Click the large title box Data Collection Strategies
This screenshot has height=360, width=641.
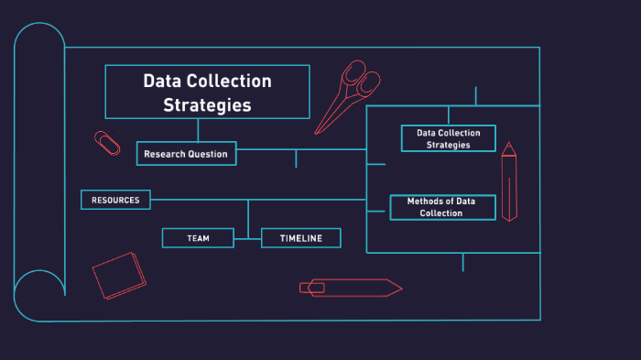pyautogui.click(x=208, y=92)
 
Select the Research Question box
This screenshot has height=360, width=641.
pyautogui.click(x=186, y=154)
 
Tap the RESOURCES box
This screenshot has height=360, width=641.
pyautogui.click(x=115, y=200)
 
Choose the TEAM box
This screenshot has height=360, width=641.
pyautogui.click(x=198, y=238)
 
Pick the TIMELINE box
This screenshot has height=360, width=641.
pyautogui.click(x=300, y=238)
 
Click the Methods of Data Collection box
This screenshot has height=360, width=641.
pyautogui.click(x=442, y=207)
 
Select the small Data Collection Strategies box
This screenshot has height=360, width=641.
pyautogui.click(x=448, y=138)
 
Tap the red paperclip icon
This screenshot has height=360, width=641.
pyautogui.click(x=107, y=142)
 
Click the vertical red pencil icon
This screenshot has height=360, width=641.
pyautogui.click(x=508, y=183)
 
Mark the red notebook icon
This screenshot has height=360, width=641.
pyautogui.click(x=119, y=275)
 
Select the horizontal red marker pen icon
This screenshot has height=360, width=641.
pyautogui.click(x=350, y=288)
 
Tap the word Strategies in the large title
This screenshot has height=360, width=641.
pyautogui.click(x=207, y=104)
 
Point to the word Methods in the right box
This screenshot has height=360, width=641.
pyautogui.click(x=424, y=201)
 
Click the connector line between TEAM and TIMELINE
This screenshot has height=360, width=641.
pyautogui.click(x=247, y=238)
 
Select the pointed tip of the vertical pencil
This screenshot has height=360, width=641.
pyautogui.click(x=508, y=145)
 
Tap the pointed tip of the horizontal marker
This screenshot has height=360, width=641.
pyautogui.click(x=399, y=288)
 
